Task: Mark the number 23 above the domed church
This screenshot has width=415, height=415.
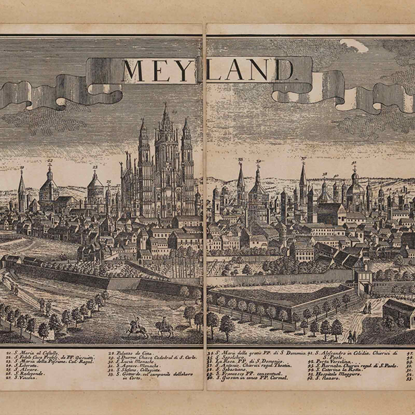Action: [95, 168]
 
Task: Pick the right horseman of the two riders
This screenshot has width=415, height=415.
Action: [164, 327]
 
